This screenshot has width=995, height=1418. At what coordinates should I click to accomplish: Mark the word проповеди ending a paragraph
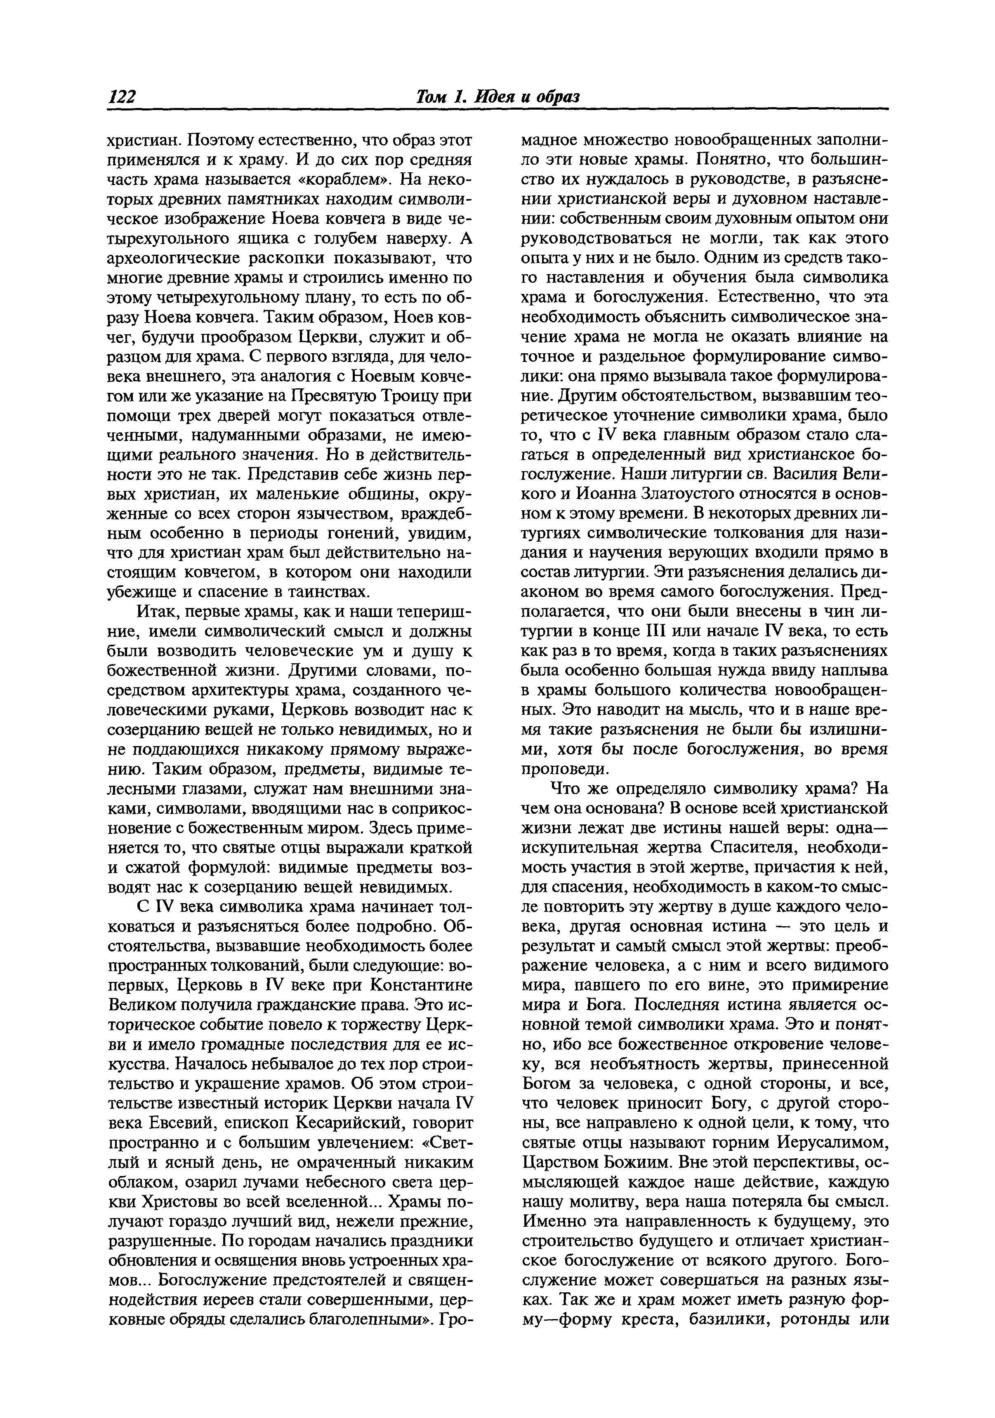(x=557, y=770)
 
